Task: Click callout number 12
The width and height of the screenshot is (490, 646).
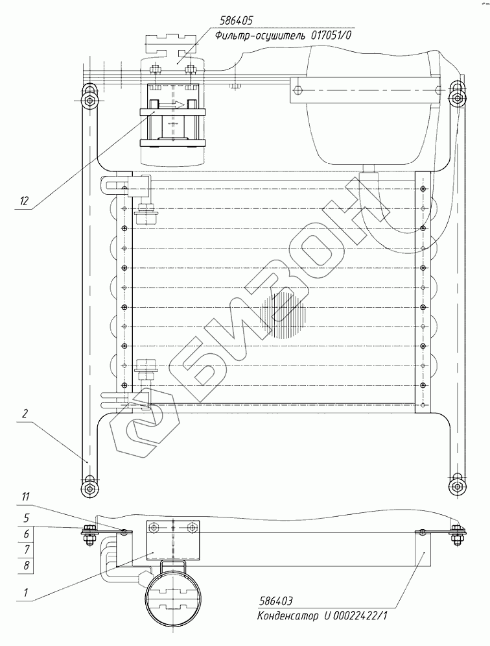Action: [24, 201]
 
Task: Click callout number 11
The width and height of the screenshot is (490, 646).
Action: [25, 497]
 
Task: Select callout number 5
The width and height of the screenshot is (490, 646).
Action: [27, 518]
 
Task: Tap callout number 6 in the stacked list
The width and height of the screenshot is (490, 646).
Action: [27, 534]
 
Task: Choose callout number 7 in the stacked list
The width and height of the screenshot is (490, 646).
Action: [27, 550]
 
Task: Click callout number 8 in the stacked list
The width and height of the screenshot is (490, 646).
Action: [27, 565]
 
